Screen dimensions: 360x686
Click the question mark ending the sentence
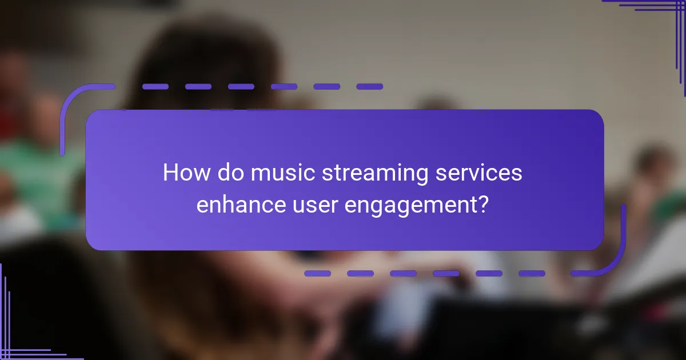point(483,204)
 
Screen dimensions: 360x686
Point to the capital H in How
point(170,172)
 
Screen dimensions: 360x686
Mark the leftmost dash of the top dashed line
point(155,87)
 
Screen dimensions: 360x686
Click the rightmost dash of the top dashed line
point(369,87)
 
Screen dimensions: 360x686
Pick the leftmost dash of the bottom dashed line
point(317,274)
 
